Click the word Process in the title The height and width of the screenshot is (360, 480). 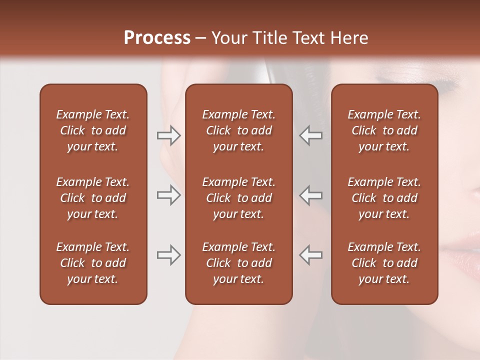click(157, 38)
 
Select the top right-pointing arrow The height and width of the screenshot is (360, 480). click(168, 135)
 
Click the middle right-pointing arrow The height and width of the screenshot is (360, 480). click(168, 195)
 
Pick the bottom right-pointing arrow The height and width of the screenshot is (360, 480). click(168, 255)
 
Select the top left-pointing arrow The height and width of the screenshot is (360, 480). click(311, 135)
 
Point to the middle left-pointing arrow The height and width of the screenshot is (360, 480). click(311, 195)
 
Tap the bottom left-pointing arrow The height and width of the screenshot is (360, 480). click(311, 255)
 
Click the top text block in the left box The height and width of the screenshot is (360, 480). click(93, 130)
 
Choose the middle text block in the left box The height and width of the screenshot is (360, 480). click(93, 198)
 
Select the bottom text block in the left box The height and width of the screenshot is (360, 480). click(93, 263)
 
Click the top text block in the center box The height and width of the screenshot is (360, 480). click(238, 130)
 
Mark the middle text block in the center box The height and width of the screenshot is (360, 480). click(238, 198)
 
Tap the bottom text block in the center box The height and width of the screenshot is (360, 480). click(238, 263)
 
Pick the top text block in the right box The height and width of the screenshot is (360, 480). click(384, 130)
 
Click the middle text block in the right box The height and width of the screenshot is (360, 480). click(384, 198)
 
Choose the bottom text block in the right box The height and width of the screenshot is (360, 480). click(384, 263)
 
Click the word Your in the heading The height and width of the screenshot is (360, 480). click(229, 38)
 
